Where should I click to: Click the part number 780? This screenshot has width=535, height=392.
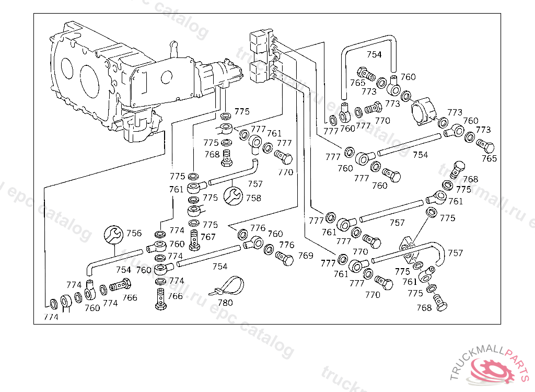click(225, 303)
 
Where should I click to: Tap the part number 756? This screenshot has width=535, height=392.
click(134, 233)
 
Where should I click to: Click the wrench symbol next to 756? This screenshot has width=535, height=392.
click(113, 234)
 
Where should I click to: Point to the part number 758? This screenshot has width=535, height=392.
click(253, 198)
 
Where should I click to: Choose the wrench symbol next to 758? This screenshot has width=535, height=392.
click(232, 196)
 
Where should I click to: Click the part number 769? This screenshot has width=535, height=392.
click(306, 256)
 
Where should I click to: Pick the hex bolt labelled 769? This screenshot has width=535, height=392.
click(285, 258)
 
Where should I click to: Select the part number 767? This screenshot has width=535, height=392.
click(208, 237)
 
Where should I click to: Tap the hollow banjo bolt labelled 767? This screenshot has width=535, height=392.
click(194, 238)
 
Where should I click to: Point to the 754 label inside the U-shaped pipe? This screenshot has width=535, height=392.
click(374, 54)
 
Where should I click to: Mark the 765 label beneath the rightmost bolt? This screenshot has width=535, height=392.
click(490, 158)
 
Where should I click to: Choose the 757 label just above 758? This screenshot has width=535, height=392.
click(255, 184)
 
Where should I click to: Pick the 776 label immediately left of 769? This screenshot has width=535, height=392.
click(287, 245)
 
